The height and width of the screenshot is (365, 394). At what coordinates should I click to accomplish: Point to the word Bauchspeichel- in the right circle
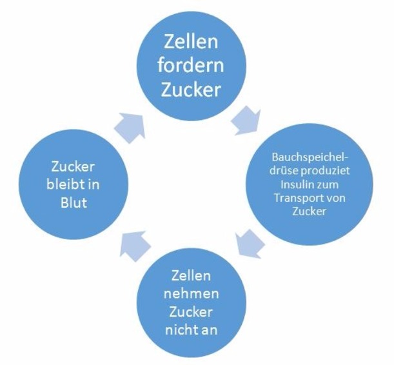[x=308, y=155]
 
